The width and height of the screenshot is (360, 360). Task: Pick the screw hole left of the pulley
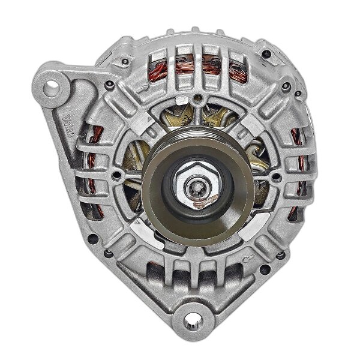pyautogui.click(x=118, y=177)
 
